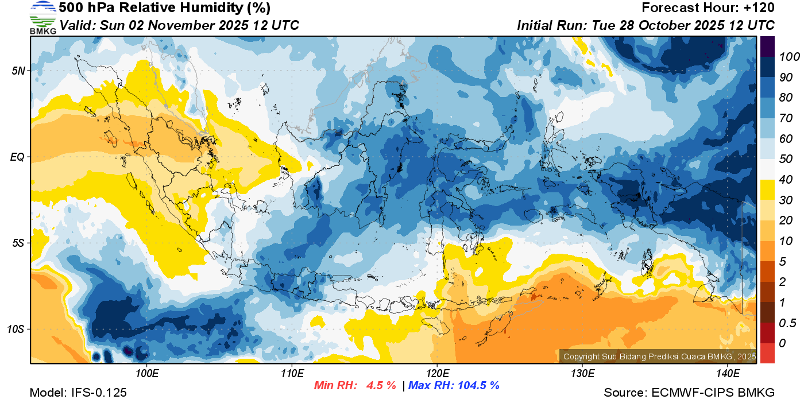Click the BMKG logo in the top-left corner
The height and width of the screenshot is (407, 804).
[x=42, y=18]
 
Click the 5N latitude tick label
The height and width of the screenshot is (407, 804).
[x=18, y=71]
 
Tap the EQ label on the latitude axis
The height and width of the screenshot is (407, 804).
[x=17, y=157]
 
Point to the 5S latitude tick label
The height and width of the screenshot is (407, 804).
[x=18, y=243]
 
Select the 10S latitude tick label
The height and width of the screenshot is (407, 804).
[x=16, y=329]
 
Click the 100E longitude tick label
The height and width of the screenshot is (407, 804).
[x=147, y=374]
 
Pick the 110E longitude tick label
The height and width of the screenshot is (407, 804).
[x=292, y=374]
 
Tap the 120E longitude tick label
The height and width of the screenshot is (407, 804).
[x=437, y=374]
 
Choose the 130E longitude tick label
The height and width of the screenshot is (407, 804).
[x=582, y=374]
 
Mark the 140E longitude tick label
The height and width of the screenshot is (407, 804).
[x=728, y=374]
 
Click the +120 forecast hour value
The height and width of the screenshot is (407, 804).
[x=760, y=8]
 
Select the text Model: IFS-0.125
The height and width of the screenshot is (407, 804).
[x=78, y=393]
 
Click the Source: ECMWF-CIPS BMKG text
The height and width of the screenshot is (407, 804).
[x=689, y=393]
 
